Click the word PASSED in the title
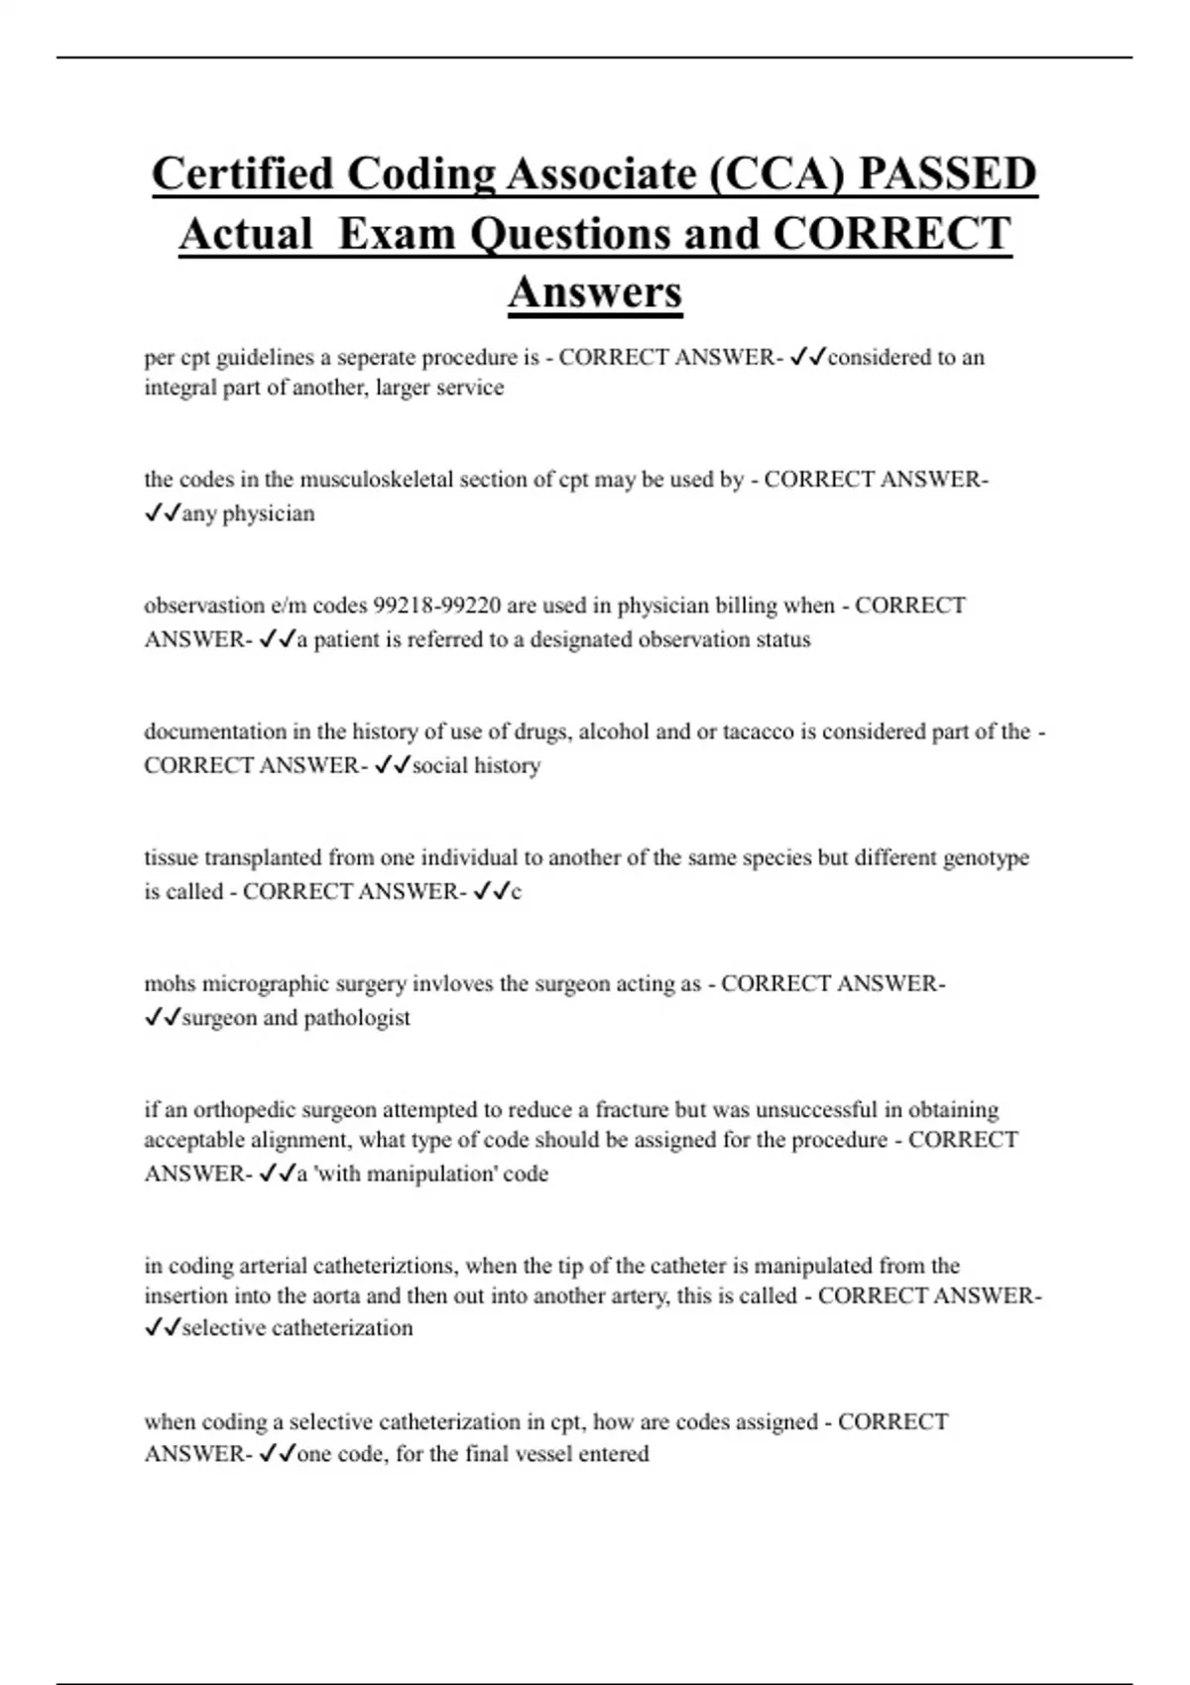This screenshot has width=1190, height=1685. [948, 174]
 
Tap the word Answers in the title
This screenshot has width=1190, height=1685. [595, 292]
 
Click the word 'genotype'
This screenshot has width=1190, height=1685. [986, 857]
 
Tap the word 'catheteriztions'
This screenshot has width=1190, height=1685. [386, 1266]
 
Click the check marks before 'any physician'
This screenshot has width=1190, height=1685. [162, 513]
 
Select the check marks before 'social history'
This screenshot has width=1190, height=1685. [393, 765]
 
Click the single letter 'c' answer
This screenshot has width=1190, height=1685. [516, 892]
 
